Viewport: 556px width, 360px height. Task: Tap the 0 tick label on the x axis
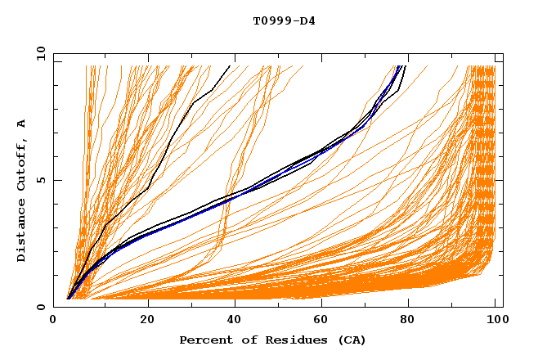pos(53,318)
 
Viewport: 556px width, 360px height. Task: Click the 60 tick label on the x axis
pos(321,318)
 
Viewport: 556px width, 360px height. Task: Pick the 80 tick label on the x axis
pos(408,318)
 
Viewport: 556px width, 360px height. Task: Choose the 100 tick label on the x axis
pos(495,318)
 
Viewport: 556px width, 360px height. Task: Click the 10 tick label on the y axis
pos(41,53)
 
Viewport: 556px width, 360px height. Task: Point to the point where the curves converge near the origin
pos(68,299)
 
